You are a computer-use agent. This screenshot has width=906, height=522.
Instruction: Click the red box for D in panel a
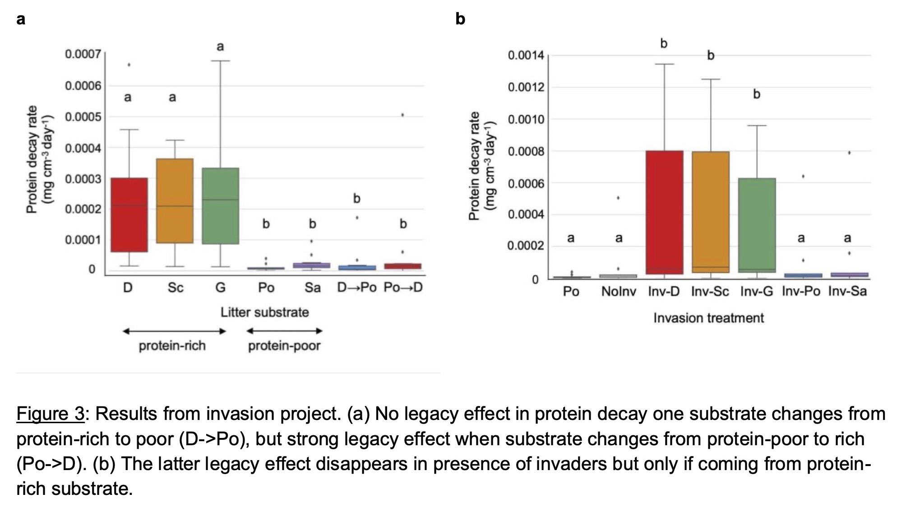[x=129, y=214]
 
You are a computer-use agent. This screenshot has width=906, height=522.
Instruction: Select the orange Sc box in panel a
[x=175, y=201]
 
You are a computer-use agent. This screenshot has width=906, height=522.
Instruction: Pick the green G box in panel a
[x=220, y=206]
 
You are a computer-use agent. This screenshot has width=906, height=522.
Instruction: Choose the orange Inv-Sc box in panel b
[x=711, y=212]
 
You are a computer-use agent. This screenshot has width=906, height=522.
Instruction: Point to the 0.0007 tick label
[x=83, y=55]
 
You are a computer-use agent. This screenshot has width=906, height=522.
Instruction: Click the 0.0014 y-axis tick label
[x=526, y=56]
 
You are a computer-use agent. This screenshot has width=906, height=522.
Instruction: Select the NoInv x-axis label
[x=618, y=292]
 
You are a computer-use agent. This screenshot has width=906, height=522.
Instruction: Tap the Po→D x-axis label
[x=403, y=288]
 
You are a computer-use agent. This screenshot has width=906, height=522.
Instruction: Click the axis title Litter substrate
[x=265, y=312]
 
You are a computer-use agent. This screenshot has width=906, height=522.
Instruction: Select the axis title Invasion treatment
[x=708, y=318]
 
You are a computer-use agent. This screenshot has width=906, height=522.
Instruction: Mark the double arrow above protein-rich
[x=174, y=331]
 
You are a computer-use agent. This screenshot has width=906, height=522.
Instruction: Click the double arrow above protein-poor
[x=284, y=331]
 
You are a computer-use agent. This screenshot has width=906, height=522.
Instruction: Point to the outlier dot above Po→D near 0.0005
[x=402, y=115]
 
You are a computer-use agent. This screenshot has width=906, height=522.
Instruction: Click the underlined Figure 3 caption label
[x=51, y=414]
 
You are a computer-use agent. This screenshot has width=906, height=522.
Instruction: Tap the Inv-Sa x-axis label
[x=847, y=292]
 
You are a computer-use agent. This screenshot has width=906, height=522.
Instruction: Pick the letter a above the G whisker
[x=220, y=46]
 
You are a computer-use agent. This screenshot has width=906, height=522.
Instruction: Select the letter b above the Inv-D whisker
[x=664, y=43]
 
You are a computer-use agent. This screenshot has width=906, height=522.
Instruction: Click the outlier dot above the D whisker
[x=129, y=65]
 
